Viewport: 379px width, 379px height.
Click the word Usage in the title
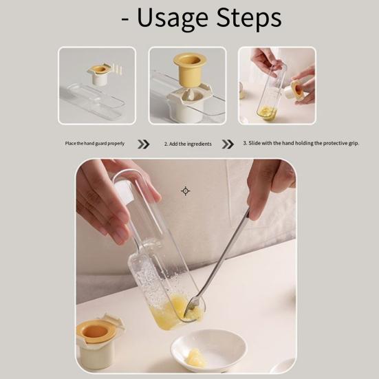click(173, 19)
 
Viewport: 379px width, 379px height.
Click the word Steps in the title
click(249, 17)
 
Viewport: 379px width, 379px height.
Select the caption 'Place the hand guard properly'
click(95, 144)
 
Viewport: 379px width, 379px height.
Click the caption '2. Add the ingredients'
click(188, 144)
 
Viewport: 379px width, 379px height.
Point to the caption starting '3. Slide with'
click(301, 143)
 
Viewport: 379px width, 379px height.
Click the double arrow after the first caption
click(143, 144)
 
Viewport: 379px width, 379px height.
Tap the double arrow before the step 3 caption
click(228, 144)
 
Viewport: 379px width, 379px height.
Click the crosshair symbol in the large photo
click(186, 191)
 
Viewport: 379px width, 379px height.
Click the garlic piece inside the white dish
click(196, 356)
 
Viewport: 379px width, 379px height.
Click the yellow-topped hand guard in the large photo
click(98, 340)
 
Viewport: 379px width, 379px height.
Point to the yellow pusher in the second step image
click(190, 67)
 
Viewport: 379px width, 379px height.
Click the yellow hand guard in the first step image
click(100, 69)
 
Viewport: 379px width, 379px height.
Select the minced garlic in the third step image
click(266, 113)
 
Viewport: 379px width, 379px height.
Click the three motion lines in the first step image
click(117, 69)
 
